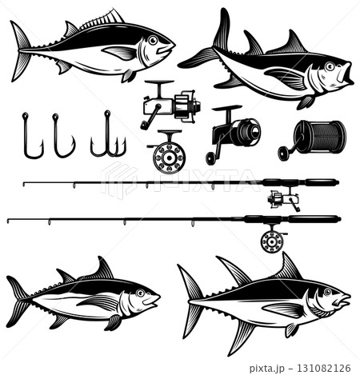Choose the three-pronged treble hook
pyautogui.click(x=107, y=137)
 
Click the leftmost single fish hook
pyautogui.click(x=30, y=136)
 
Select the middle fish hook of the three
pyautogui.click(x=61, y=137)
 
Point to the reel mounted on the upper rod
pyautogui.click(x=282, y=197)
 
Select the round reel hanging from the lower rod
pyautogui.click(x=273, y=238)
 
